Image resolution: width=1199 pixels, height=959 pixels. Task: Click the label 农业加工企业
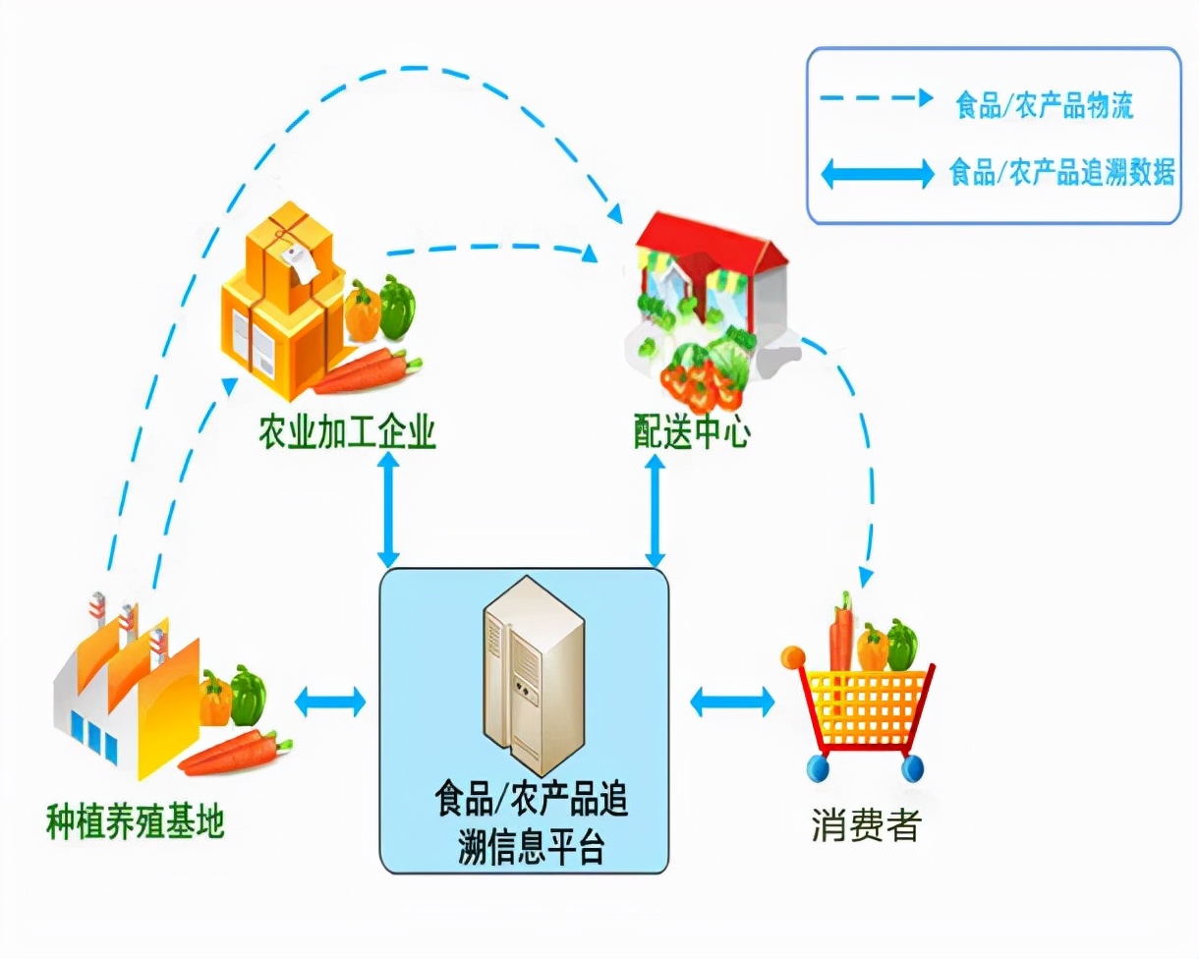coord(347,433)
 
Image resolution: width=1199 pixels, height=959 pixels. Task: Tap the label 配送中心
coord(692,433)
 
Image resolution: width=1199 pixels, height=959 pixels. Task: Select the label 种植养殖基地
coord(136,822)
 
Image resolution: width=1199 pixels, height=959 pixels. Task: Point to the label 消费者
coord(866,825)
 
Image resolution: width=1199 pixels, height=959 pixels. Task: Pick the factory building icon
coord(123,688)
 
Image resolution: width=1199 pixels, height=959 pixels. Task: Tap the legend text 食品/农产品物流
coord(1045,105)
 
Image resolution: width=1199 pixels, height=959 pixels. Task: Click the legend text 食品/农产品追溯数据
coord(1061,174)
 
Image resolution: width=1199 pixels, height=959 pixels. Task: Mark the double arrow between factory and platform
coord(330,702)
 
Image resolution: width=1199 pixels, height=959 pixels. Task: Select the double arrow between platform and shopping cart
coord(732,702)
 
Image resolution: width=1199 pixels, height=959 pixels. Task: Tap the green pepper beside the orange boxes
coord(397,306)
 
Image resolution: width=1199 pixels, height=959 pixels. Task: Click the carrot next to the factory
coord(237,751)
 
